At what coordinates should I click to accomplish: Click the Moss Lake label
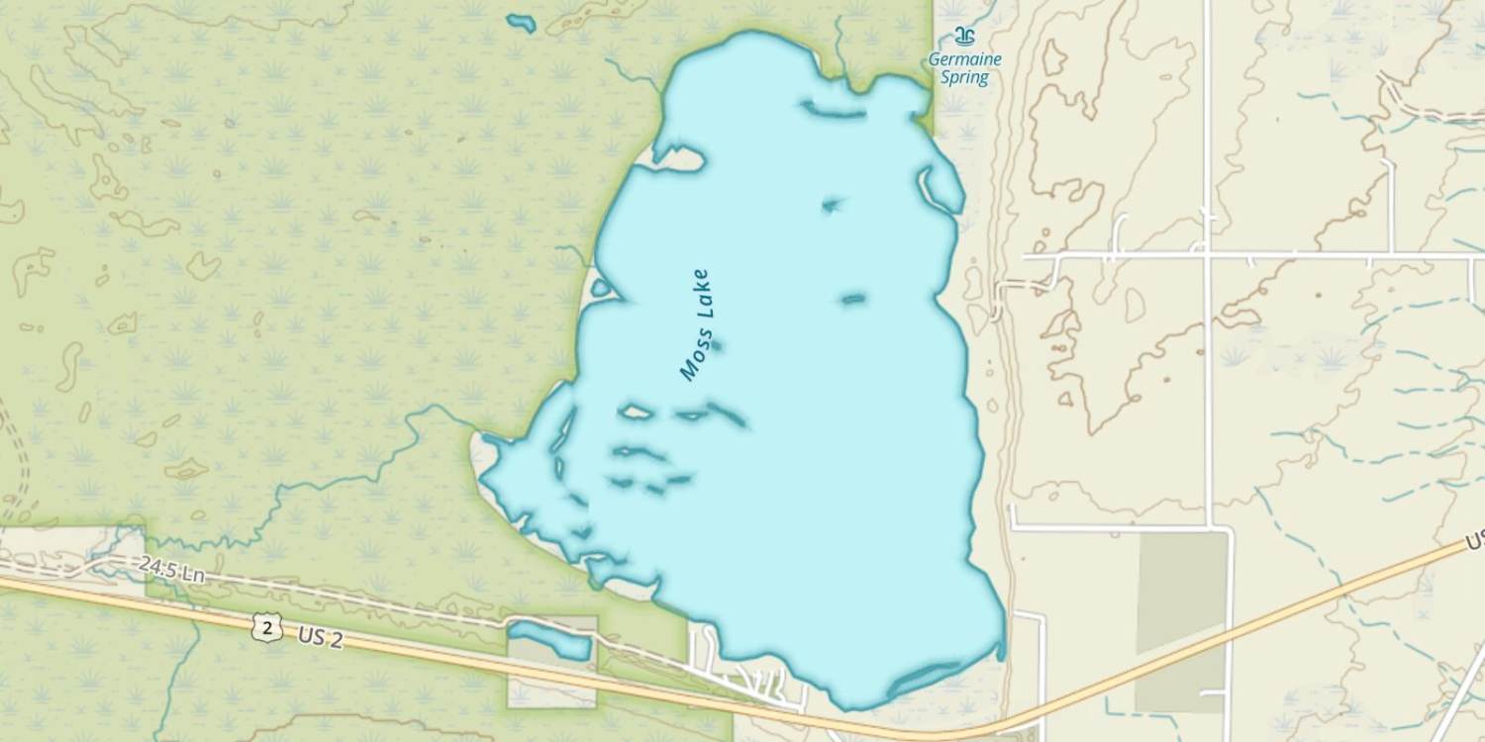click(x=696, y=325)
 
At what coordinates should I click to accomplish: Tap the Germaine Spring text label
click(x=964, y=68)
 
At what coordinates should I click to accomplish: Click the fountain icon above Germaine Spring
click(x=963, y=37)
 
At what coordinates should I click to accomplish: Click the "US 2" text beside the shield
click(x=320, y=638)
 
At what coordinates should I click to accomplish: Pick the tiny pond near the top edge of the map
click(x=521, y=22)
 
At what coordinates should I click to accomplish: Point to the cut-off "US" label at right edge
click(x=1474, y=542)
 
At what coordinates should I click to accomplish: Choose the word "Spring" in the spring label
click(x=964, y=78)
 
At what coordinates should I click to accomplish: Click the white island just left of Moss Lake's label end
click(x=635, y=411)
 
